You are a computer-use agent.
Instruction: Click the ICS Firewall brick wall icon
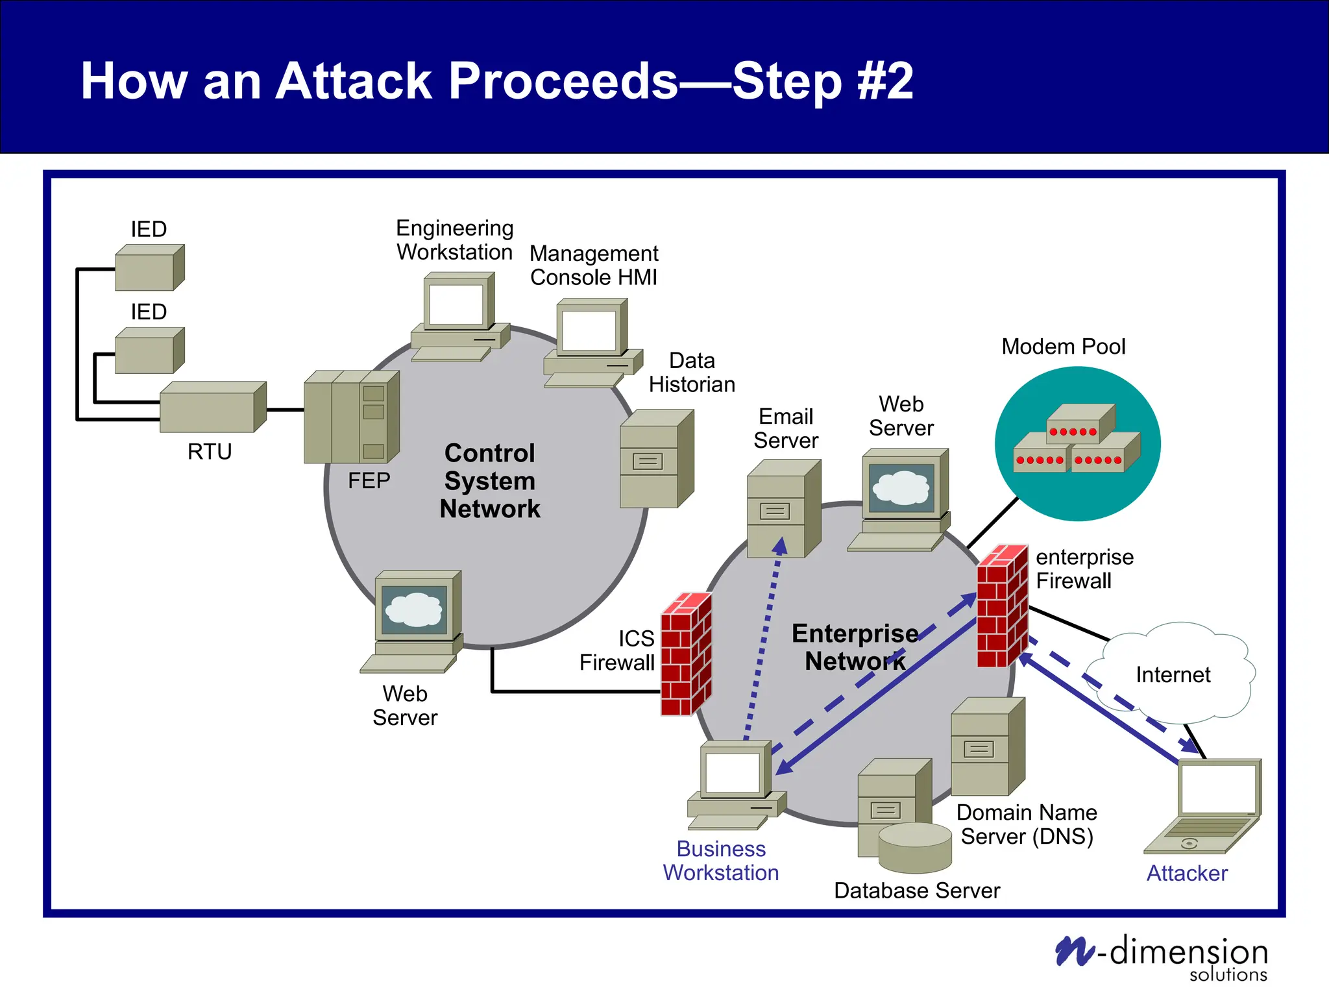pyautogui.click(x=686, y=654)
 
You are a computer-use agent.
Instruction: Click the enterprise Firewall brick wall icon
pyautogui.click(x=1003, y=606)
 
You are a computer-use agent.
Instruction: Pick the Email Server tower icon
pyautogui.click(x=783, y=509)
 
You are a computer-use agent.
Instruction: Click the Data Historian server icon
pyautogui.click(x=656, y=459)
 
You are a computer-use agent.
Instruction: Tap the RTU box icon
pyautogui.click(x=212, y=408)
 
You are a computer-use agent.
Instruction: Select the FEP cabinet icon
pyautogui.click(x=351, y=417)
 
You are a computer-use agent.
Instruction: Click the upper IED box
pyautogui.click(x=149, y=267)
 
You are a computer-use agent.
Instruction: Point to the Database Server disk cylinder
pyautogui.click(x=915, y=847)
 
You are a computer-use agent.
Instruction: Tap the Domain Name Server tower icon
pyautogui.click(x=987, y=747)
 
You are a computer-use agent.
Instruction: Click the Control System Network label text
pyautogui.click(x=490, y=481)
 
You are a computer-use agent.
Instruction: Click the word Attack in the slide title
pyautogui.click(x=354, y=81)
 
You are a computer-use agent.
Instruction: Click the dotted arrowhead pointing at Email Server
pyautogui.click(x=780, y=546)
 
